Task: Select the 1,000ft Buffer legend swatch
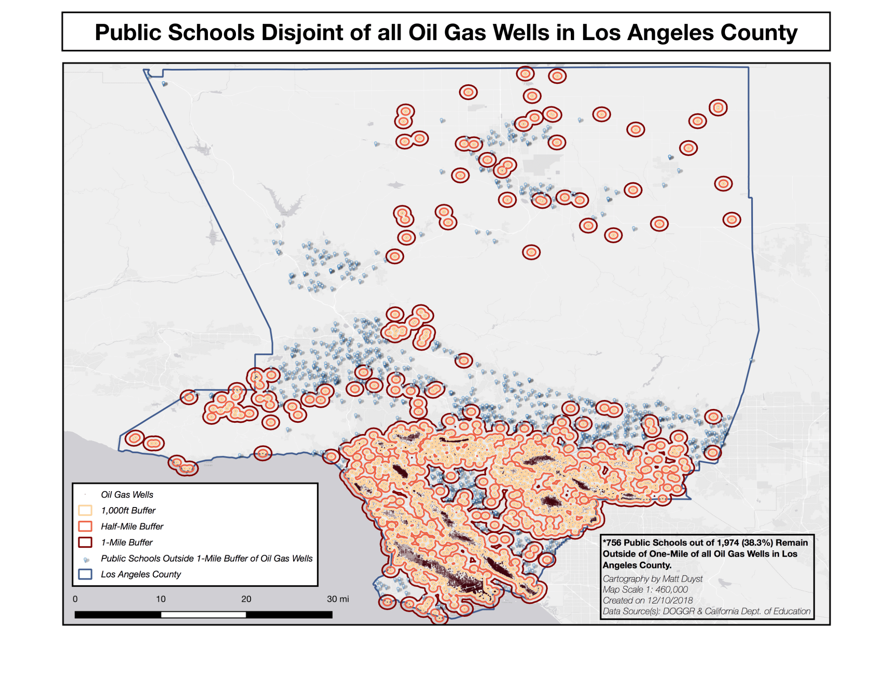click(85, 510)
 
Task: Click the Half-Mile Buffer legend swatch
click(85, 526)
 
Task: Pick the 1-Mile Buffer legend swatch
click(85, 542)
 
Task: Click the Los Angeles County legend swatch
click(85, 574)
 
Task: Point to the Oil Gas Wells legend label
click(127, 495)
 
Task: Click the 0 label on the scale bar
click(75, 599)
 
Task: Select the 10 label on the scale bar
click(161, 599)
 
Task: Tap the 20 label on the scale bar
click(246, 599)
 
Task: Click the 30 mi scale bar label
click(337, 599)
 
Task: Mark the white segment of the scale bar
click(203, 615)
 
